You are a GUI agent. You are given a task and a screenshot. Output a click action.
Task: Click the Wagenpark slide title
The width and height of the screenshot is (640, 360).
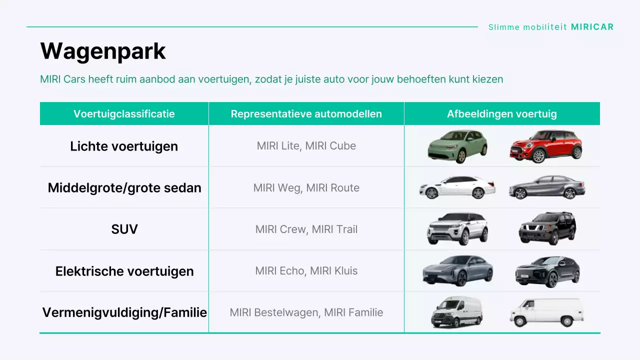[x=103, y=51]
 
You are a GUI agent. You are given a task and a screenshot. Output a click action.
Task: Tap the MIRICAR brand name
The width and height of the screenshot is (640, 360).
[x=592, y=27]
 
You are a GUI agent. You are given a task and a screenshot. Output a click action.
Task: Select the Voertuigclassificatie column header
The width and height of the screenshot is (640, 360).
[x=124, y=114]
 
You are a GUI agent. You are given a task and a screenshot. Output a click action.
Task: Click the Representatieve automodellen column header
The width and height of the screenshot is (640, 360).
[x=306, y=114]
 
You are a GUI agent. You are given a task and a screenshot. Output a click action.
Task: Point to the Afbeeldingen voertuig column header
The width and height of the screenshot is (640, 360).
[x=501, y=114]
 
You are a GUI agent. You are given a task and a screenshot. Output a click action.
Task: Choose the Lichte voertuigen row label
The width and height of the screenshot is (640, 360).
[x=124, y=146]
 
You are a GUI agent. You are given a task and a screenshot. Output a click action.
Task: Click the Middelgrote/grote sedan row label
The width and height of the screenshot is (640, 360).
[x=124, y=187]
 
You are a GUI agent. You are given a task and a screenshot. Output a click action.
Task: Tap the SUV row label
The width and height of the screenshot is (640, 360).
[x=124, y=229]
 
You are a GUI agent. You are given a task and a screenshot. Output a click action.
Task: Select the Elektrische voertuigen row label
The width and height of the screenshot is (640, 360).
[x=124, y=271]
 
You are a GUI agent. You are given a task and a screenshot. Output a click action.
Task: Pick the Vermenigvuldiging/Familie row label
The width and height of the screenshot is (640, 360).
[x=124, y=312]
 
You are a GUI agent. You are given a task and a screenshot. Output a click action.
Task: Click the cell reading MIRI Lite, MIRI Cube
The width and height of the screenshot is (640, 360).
[x=306, y=146]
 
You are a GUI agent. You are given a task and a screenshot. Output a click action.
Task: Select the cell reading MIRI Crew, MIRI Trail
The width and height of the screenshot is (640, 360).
[x=306, y=229]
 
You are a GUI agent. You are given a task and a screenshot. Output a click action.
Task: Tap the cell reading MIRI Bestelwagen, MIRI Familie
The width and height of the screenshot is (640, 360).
[x=306, y=312]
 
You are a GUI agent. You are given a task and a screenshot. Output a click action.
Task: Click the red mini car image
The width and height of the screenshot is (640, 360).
[x=546, y=146]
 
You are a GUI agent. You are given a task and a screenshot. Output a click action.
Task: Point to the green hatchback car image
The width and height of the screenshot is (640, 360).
[x=457, y=146]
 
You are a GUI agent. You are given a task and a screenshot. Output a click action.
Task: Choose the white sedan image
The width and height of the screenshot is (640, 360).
[x=457, y=187]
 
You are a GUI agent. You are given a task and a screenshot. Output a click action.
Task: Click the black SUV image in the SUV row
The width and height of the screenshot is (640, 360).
[x=547, y=228]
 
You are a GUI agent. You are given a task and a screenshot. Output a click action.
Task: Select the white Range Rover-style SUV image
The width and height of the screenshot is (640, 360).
[x=457, y=228]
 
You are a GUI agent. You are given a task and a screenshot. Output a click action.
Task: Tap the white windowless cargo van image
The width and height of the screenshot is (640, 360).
[x=546, y=311]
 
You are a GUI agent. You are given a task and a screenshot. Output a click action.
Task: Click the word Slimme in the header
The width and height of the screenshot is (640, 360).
[x=503, y=27]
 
